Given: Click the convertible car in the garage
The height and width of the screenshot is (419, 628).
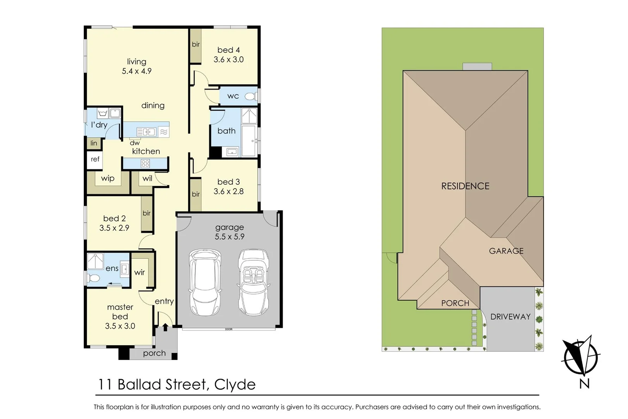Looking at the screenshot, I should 254,282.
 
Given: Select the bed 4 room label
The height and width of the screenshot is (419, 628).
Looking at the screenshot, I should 228,50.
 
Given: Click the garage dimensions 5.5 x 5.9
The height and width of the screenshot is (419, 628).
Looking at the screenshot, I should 229,237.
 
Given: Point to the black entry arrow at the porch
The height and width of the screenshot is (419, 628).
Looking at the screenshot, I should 165,327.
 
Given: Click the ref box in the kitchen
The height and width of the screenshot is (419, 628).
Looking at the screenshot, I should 95,159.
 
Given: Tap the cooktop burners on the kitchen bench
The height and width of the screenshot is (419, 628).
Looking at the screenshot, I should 145,164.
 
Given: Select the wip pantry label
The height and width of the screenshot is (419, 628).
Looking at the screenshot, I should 108,178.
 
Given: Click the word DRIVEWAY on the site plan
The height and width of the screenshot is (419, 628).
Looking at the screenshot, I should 510,317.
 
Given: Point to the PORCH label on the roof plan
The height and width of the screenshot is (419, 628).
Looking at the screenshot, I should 455,303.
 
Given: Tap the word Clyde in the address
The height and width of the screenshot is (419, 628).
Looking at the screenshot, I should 235,384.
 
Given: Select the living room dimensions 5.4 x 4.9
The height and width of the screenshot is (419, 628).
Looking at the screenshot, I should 136,71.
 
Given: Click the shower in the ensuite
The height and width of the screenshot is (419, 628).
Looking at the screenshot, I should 95,261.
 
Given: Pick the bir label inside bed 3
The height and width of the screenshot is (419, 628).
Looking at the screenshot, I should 196,194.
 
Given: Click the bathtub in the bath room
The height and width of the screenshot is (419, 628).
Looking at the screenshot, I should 248,140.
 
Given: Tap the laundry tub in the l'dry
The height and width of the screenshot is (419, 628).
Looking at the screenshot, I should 103,113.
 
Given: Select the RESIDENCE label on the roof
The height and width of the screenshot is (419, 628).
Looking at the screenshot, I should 465,186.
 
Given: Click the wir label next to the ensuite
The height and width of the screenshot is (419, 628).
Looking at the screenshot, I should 140,272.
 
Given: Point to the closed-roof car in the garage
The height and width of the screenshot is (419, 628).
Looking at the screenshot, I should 205,282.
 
